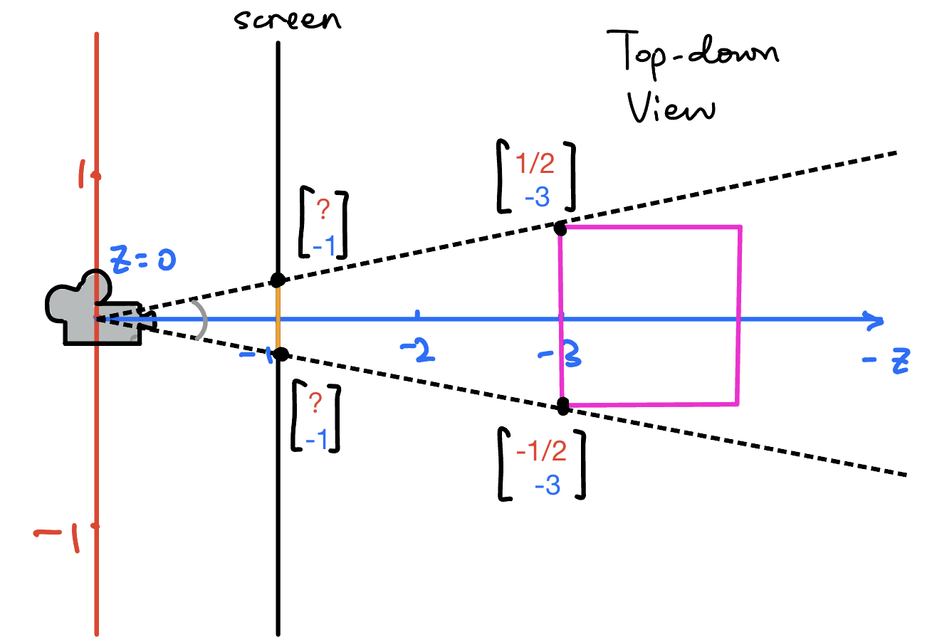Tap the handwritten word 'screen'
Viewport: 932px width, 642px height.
tap(288, 19)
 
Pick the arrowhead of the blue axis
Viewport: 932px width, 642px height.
tap(875, 320)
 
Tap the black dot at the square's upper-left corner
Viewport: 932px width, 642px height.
tap(560, 228)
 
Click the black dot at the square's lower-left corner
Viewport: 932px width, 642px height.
tap(563, 406)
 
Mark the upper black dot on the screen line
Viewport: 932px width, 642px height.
tap(278, 280)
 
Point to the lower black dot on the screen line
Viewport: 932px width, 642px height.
tap(281, 354)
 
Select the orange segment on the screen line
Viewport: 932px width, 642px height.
tap(278, 317)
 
